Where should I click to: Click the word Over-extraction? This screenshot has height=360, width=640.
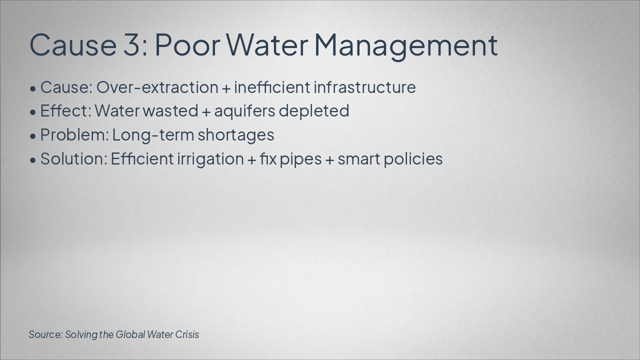click(x=157, y=87)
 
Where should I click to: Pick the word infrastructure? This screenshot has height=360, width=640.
click(x=364, y=87)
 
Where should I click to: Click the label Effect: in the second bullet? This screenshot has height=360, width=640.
click(x=65, y=111)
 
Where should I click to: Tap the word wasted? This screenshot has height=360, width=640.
click(x=170, y=111)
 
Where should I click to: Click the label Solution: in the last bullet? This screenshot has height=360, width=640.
click(x=73, y=159)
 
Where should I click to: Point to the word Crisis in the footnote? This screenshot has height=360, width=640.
click(x=187, y=334)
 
